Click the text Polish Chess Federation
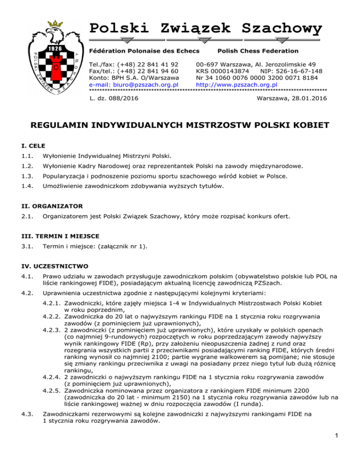(x=258, y=51)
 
